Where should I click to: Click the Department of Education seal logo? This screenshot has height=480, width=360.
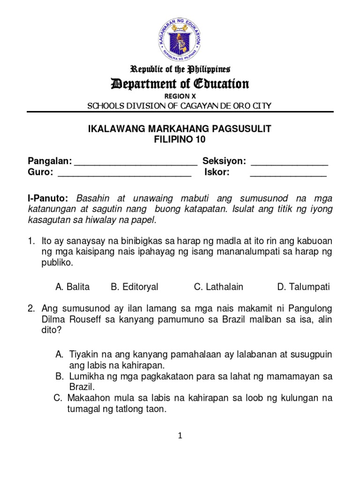(x=180, y=37)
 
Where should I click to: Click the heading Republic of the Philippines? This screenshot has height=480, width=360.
(x=180, y=70)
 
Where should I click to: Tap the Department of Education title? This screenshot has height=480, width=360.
(x=180, y=84)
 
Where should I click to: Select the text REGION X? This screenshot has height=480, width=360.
(x=180, y=96)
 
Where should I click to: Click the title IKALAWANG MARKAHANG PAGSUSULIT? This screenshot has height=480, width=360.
(x=180, y=129)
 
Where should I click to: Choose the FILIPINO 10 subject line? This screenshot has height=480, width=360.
(x=180, y=140)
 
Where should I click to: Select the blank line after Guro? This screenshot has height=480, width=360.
(x=124, y=173)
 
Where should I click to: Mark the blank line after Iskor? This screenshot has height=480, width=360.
(x=288, y=173)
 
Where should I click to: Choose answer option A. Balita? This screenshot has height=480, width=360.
(x=72, y=287)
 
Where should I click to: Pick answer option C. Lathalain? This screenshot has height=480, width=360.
(x=218, y=287)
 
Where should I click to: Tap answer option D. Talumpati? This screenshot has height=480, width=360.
(x=303, y=287)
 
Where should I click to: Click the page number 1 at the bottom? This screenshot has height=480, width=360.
(x=180, y=436)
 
